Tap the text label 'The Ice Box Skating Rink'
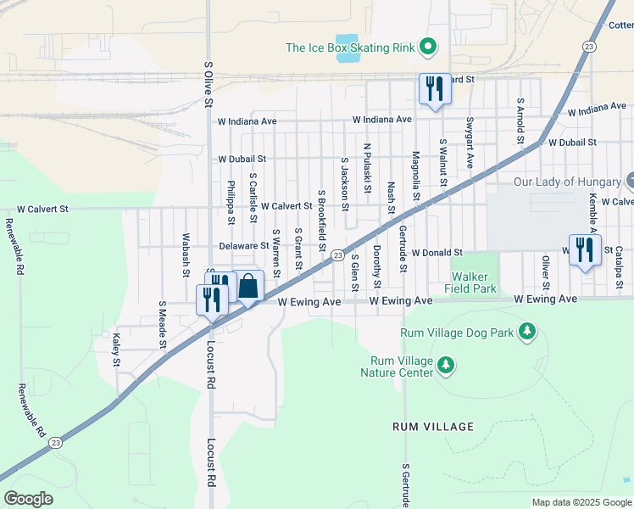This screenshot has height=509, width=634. tap(350, 48)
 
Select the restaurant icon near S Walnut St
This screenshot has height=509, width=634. tap(435, 89)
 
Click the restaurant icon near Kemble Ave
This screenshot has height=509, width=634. tap(585, 249)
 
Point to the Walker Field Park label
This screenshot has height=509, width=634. tap(473, 282)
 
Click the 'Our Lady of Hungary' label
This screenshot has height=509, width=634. tap(567, 182)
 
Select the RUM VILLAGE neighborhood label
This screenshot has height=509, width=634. tap(427, 428)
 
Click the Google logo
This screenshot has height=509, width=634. tap(28, 498)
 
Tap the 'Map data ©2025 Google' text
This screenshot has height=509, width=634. tap(581, 502)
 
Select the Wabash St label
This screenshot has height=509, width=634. tap(186, 255)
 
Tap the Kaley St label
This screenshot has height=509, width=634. tap(116, 350)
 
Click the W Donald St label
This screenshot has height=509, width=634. tap(437, 253)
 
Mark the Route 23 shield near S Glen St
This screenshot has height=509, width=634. tap(336, 255)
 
